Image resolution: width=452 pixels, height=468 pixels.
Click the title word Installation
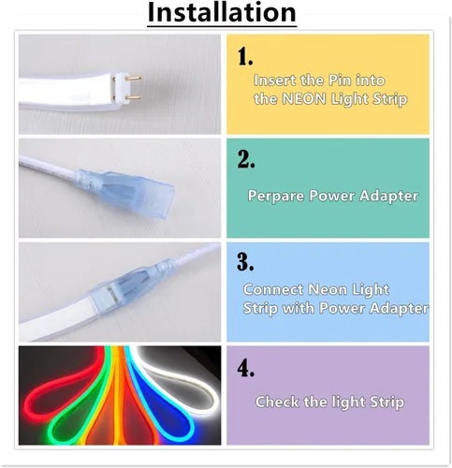222,13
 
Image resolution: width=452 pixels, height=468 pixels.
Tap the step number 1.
245,57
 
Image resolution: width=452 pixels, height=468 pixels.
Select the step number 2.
246,160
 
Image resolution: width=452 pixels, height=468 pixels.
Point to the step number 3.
246,263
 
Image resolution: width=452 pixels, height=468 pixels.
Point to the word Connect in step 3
271,290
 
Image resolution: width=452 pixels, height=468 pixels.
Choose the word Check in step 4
279,402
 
